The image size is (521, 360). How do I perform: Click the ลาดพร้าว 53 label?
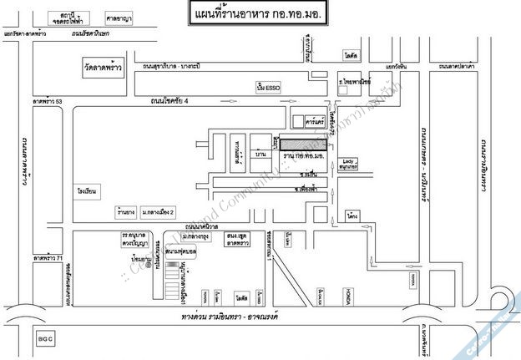[48, 101]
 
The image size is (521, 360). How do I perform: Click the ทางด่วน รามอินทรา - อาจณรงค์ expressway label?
[235, 318]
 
